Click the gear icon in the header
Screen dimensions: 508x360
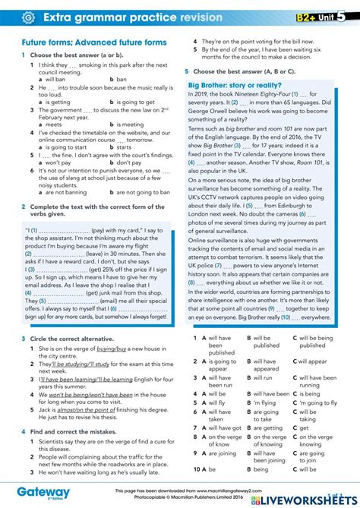click(x=28, y=17)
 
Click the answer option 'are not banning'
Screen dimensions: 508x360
click(x=65, y=192)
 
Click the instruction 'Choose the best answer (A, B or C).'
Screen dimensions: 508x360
click(x=244, y=71)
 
